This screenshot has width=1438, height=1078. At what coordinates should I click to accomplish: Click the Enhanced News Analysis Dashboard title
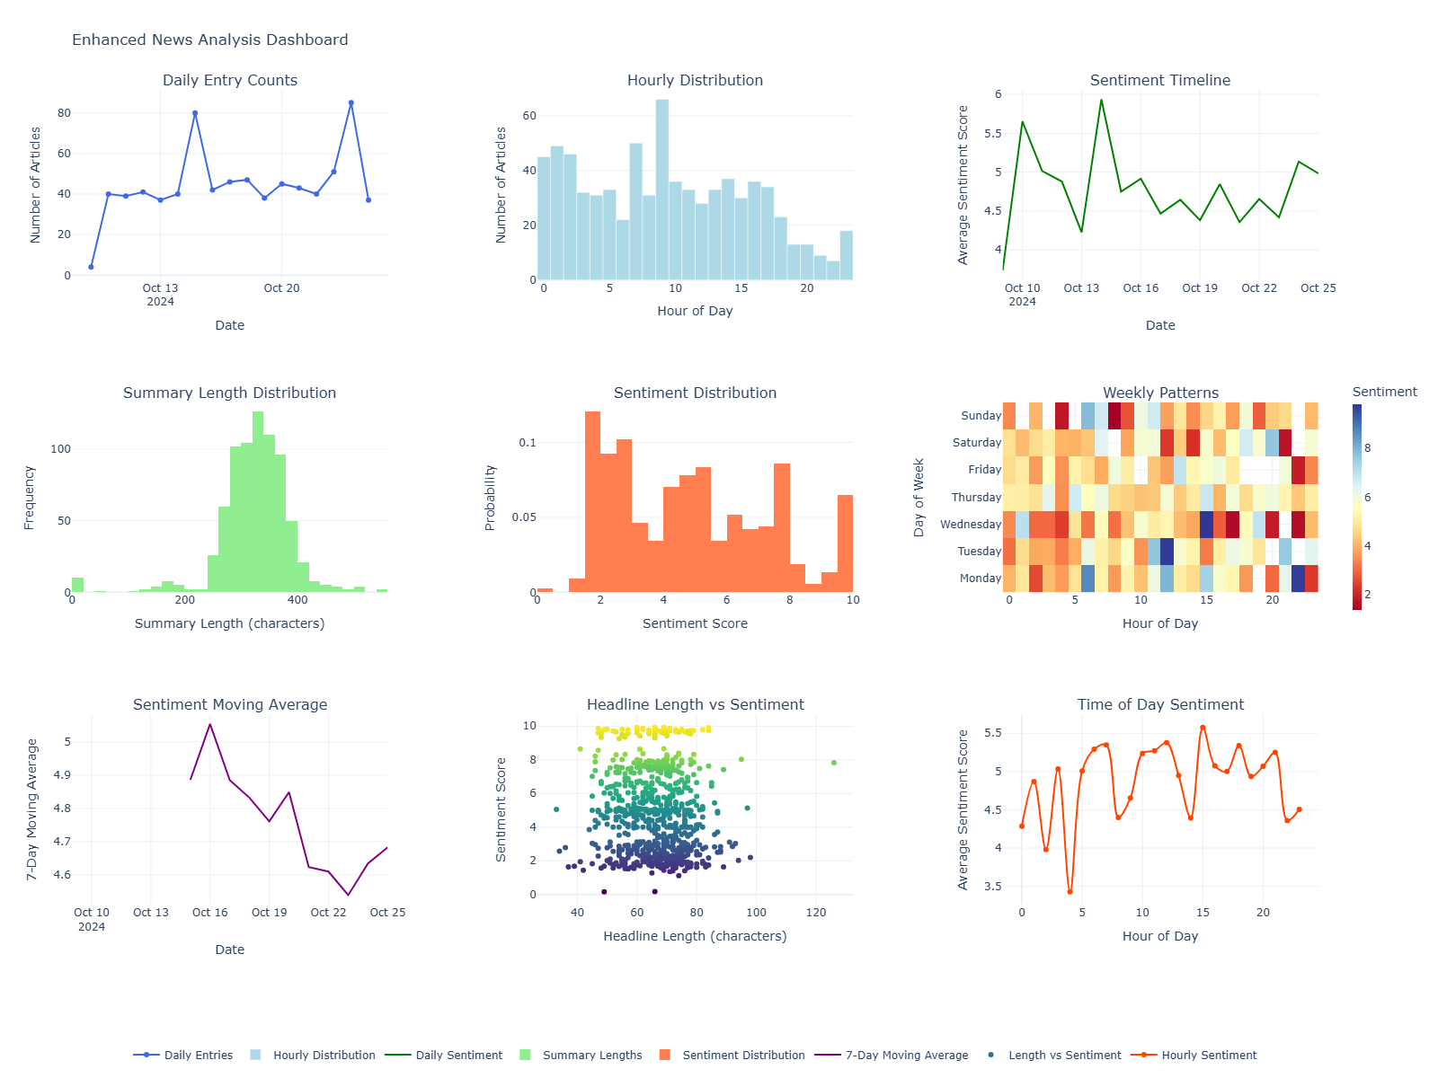(209, 40)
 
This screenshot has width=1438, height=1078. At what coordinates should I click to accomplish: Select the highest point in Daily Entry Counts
(351, 103)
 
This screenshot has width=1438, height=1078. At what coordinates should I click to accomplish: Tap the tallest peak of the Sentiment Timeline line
(1101, 100)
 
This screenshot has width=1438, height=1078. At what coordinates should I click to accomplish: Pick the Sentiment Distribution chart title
(695, 393)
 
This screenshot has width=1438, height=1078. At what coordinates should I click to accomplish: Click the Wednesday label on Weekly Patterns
(970, 525)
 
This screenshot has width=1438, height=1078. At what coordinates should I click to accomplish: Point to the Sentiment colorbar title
(1384, 392)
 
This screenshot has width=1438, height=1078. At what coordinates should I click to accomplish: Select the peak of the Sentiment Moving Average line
(209, 724)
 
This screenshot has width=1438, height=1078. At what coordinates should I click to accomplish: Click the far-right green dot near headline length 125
(834, 763)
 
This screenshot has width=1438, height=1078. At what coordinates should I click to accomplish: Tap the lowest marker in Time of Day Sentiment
(1070, 892)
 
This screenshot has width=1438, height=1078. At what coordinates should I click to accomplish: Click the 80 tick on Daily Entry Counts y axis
(64, 113)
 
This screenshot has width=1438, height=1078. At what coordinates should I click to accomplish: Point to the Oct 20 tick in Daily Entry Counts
(281, 288)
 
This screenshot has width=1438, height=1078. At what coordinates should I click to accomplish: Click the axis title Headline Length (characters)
(695, 936)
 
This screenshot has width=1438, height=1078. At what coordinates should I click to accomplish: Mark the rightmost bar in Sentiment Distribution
(845, 543)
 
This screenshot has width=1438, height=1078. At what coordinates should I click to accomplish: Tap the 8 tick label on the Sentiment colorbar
(1368, 448)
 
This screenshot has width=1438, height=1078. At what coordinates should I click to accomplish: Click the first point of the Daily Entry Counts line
(91, 267)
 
